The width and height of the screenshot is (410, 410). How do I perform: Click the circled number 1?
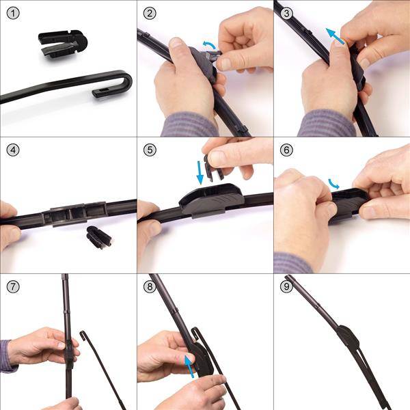click(x=13, y=14)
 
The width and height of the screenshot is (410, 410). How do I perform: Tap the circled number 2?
click(x=150, y=14)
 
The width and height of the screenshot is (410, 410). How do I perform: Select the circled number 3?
click(x=286, y=14)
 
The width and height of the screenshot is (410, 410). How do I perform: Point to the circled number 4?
click(x=13, y=150)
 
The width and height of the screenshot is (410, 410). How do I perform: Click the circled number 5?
click(x=150, y=150)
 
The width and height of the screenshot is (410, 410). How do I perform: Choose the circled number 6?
click(x=286, y=150)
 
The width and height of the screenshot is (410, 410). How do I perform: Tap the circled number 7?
click(x=13, y=287)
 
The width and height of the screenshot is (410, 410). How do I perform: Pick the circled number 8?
click(x=150, y=287)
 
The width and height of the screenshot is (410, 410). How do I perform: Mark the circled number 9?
click(x=286, y=287)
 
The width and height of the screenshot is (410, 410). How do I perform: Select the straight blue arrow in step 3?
click(x=335, y=36)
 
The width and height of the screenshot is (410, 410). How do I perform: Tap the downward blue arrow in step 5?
click(x=200, y=173)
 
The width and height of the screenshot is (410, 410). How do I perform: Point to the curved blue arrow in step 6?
click(x=334, y=184)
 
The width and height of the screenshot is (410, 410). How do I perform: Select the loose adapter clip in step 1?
click(x=63, y=44)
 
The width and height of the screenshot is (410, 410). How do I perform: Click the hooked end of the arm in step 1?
click(x=115, y=84)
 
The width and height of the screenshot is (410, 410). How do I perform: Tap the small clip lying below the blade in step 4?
click(x=99, y=237)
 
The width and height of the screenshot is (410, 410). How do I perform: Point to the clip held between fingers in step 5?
click(x=213, y=167)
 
